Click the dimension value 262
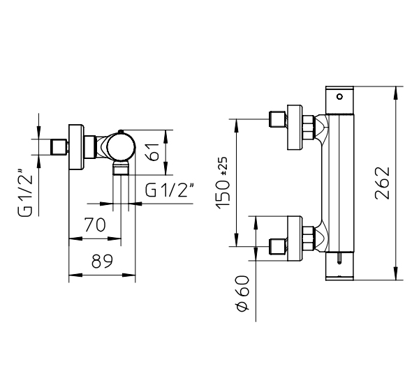pos(382,183)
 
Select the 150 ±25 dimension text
pos(222,183)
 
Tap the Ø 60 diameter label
pos(242,293)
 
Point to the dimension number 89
pos(102,261)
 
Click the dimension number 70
pos(95,225)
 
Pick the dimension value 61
pos(153,152)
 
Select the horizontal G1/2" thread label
pos(170,190)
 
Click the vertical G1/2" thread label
pos(25,192)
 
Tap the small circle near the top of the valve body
pos(340,97)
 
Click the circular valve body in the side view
pos(121,146)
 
